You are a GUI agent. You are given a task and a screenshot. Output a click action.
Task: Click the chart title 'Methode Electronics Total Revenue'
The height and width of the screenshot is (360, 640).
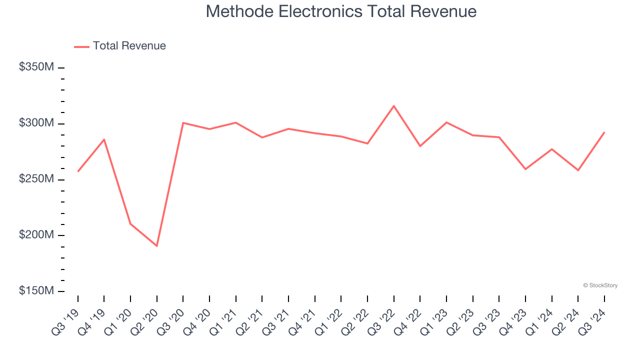tap(341, 11)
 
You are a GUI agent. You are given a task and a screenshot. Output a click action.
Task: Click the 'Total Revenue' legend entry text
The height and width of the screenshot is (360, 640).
tap(129, 46)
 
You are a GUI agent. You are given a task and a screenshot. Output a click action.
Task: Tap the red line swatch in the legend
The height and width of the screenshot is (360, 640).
tap(81, 46)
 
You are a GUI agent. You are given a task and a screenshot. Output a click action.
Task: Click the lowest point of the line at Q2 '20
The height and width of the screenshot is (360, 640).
tap(157, 246)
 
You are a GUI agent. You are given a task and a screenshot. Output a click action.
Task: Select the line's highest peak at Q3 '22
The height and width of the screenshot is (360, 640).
tap(394, 106)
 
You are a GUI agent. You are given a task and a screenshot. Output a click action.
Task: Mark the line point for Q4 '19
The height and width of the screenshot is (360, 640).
tap(104, 139)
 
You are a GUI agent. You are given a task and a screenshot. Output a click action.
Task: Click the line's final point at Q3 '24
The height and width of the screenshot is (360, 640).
tap(604, 132)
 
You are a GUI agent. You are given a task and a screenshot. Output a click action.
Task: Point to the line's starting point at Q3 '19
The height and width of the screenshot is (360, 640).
tap(78, 171)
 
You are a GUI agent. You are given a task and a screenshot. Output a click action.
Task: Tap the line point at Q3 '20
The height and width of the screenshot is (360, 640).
tap(183, 122)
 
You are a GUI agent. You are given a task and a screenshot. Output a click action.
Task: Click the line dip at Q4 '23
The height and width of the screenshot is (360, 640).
tap(525, 169)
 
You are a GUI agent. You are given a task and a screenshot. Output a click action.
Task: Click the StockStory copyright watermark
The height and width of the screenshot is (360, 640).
tap(600, 285)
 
